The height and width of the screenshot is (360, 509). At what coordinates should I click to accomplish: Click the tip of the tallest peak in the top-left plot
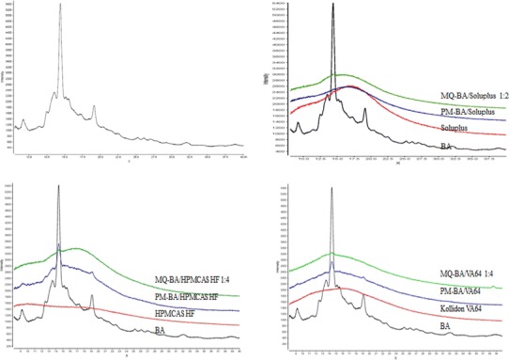(x=60, y=5)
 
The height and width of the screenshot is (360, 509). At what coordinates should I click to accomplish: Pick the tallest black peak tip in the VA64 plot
(x=331, y=186)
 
